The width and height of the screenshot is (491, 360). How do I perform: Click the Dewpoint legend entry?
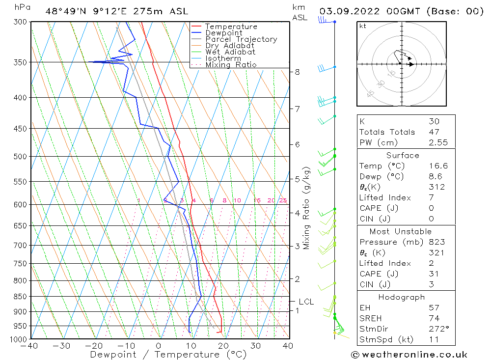click(223, 33)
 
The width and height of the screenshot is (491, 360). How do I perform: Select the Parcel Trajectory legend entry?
click(241, 39)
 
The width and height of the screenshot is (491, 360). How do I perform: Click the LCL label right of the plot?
click(306, 302)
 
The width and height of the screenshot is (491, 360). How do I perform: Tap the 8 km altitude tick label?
click(298, 72)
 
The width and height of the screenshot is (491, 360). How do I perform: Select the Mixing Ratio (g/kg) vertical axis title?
click(307, 208)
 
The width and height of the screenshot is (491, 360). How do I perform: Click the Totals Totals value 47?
click(434, 132)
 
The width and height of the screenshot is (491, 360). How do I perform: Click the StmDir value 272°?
click(437, 328)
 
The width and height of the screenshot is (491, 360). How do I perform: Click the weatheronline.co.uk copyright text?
click(409, 355)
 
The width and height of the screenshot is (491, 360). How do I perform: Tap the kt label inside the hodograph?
click(362, 26)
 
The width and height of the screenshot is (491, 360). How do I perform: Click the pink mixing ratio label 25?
click(283, 200)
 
